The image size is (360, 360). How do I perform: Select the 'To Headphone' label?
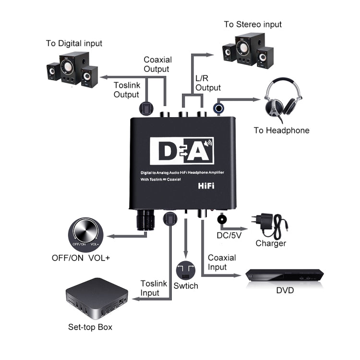point(281,130)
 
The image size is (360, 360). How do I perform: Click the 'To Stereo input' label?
point(252,24)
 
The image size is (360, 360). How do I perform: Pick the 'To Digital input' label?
point(74,43)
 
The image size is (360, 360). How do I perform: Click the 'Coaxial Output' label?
point(157,64)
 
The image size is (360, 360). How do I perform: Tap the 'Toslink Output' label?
point(126,90)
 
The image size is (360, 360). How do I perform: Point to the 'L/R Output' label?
point(208,83)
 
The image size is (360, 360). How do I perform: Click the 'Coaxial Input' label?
point(222,262)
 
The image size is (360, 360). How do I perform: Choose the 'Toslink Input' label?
point(154,288)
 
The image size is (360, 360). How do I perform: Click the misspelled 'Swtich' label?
point(187,286)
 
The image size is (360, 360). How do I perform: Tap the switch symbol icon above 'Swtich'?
point(187,270)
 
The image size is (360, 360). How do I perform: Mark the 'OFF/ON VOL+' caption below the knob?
point(81,258)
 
